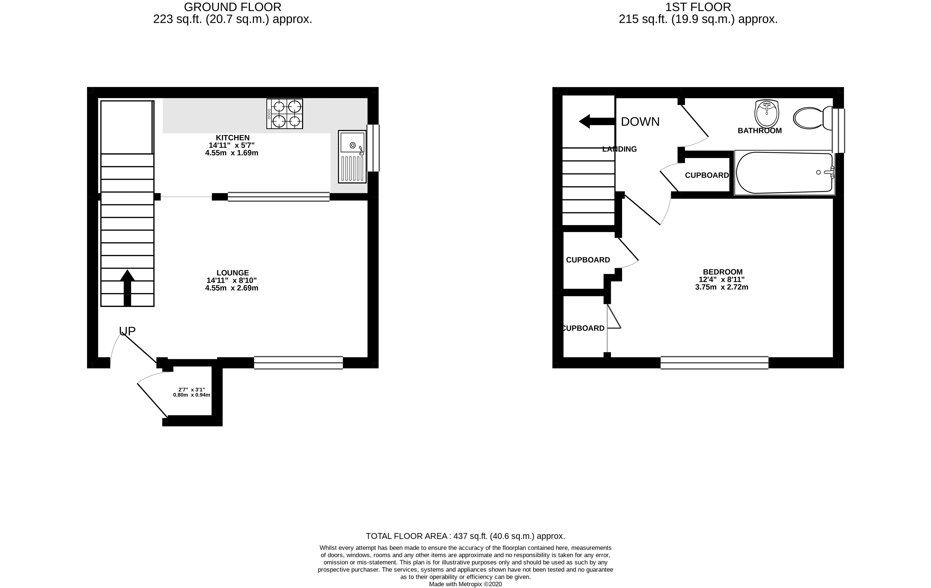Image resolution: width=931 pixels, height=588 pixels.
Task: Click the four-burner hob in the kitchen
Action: (285, 114)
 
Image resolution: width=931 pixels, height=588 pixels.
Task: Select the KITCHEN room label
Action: (233, 137)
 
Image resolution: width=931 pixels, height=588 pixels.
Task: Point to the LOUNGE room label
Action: (233, 273)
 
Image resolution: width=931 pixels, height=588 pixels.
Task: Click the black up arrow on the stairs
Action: (127, 288)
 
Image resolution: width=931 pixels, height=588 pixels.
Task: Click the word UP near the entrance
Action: (127, 331)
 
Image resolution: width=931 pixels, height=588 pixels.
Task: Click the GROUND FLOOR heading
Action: (233, 7)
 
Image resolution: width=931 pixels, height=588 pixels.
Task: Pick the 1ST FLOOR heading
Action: (698, 7)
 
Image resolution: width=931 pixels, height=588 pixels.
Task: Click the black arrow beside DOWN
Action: (597, 121)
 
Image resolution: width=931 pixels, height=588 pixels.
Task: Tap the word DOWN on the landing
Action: (640, 121)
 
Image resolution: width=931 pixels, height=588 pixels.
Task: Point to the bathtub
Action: (785, 172)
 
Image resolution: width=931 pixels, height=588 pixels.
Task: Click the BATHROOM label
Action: (760, 131)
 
